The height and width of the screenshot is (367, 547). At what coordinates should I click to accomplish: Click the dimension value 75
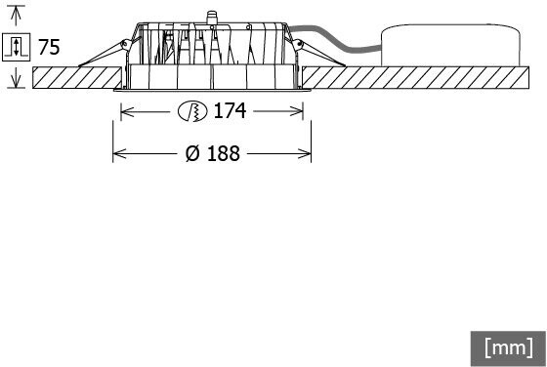click(x=49, y=47)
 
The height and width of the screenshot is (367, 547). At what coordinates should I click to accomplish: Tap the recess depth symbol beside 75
click(x=16, y=47)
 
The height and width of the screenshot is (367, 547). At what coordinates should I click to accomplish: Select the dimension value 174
click(x=230, y=111)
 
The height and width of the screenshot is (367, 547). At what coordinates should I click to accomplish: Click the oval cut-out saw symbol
click(x=192, y=111)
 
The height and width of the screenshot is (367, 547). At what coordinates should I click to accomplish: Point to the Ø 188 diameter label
click(x=213, y=153)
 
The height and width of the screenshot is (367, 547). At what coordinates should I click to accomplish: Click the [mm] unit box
click(x=509, y=348)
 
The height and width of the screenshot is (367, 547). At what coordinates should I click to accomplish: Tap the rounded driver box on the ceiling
click(x=450, y=45)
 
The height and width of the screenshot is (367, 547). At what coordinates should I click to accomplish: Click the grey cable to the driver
click(x=335, y=38)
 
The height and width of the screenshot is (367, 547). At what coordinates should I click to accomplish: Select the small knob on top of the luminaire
click(x=211, y=18)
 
